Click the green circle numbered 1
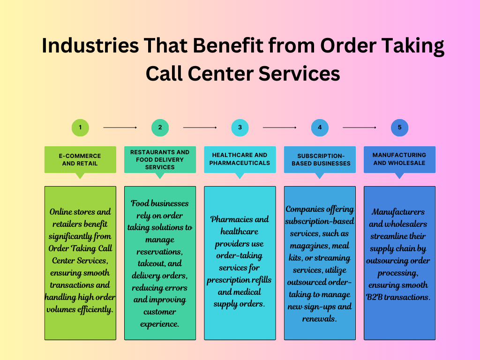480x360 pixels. click(x=80, y=127)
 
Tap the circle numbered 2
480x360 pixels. click(x=160, y=127)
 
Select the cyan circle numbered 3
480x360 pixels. click(x=240, y=127)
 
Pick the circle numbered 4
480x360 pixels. click(x=320, y=127)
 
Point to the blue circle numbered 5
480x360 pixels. click(x=399, y=127)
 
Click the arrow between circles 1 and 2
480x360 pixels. click(x=120, y=127)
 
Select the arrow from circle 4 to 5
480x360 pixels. click(x=360, y=127)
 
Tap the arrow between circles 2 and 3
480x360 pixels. click(x=200, y=127)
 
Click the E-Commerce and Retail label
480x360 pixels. click(x=80, y=159)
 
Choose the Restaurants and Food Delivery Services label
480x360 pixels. click(x=160, y=159)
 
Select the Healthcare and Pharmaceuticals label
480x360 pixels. click(x=240, y=159)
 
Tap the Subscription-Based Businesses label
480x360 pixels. click(x=320, y=159)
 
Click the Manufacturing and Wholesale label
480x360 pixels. click(x=399, y=159)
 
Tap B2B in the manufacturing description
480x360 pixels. click(x=374, y=297)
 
